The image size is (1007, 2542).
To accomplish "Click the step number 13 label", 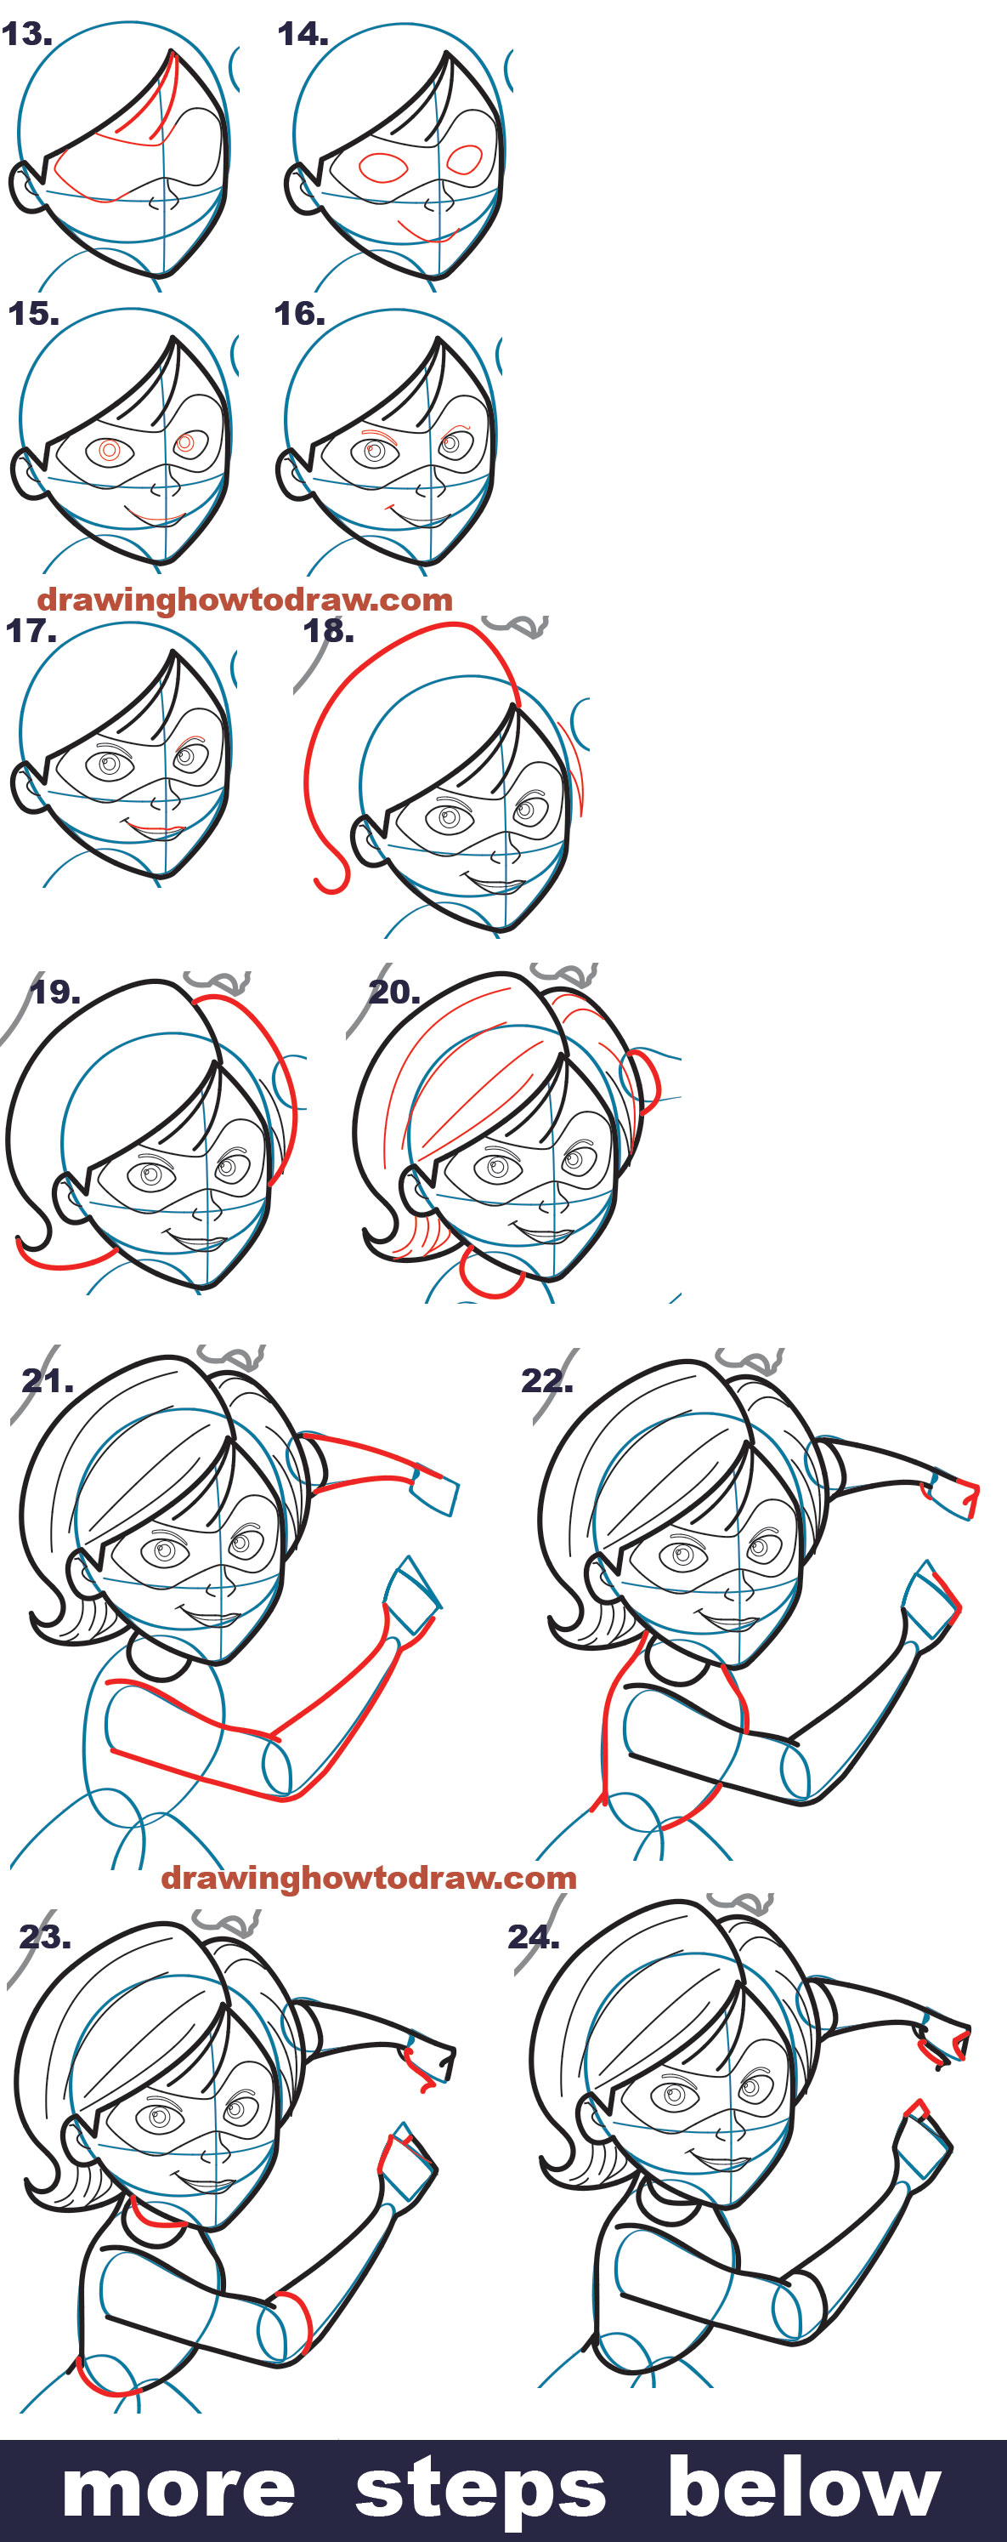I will point(26,35).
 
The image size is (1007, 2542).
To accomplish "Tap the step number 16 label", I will point(299,314).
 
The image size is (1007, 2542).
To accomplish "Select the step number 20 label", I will point(393,992).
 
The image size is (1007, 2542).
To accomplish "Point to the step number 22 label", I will point(546,1379).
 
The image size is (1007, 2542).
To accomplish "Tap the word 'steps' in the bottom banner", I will point(480,2490).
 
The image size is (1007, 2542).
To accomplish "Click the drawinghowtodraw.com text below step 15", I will point(245,599).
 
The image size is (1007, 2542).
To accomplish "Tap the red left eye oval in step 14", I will point(382,168).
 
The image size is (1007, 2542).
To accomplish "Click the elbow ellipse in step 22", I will point(795,1771).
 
